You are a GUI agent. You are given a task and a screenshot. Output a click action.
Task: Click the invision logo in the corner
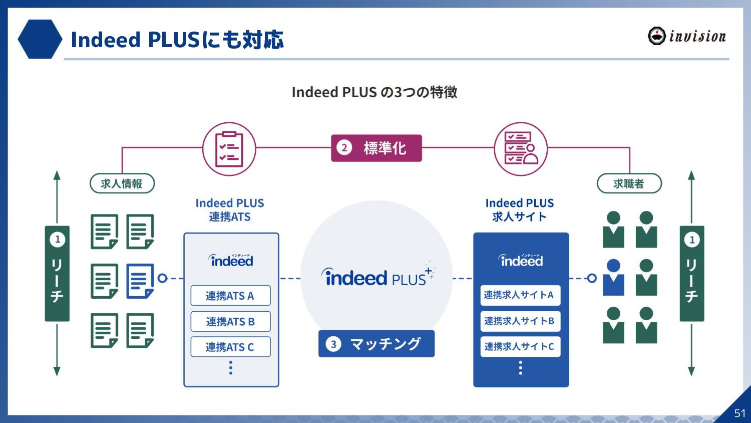tap(686, 36)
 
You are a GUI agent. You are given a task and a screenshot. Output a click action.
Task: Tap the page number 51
tap(739, 413)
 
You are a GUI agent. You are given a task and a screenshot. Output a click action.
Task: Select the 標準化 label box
tap(377, 148)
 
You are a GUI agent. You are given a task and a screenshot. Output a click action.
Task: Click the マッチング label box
tap(377, 344)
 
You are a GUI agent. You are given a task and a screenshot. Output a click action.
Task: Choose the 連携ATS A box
tap(230, 296)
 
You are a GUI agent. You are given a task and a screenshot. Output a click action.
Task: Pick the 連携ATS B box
tap(230, 321)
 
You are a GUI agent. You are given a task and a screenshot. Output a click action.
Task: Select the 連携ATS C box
tap(230, 347)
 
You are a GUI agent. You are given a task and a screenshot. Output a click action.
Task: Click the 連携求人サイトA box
tap(520, 295)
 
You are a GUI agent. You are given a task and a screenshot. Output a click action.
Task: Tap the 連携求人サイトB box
tap(520, 321)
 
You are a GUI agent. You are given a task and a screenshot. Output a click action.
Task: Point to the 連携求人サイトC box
tap(520, 347)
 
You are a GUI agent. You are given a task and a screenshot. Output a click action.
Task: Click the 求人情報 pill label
tap(122, 183)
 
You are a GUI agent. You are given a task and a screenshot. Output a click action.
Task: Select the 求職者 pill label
tap(629, 183)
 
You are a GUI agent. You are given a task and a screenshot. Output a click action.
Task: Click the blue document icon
tap(140, 281)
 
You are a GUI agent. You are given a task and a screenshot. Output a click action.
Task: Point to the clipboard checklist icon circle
tap(229, 149)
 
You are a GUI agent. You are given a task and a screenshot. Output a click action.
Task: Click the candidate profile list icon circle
tap(521, 149)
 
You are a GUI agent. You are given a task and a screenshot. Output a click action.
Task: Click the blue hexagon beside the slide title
tap(40, 39)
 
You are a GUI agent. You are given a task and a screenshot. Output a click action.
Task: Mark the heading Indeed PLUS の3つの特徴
tap(374, 92)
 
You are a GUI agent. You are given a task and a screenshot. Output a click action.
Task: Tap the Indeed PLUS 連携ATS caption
tap(230, 210)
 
